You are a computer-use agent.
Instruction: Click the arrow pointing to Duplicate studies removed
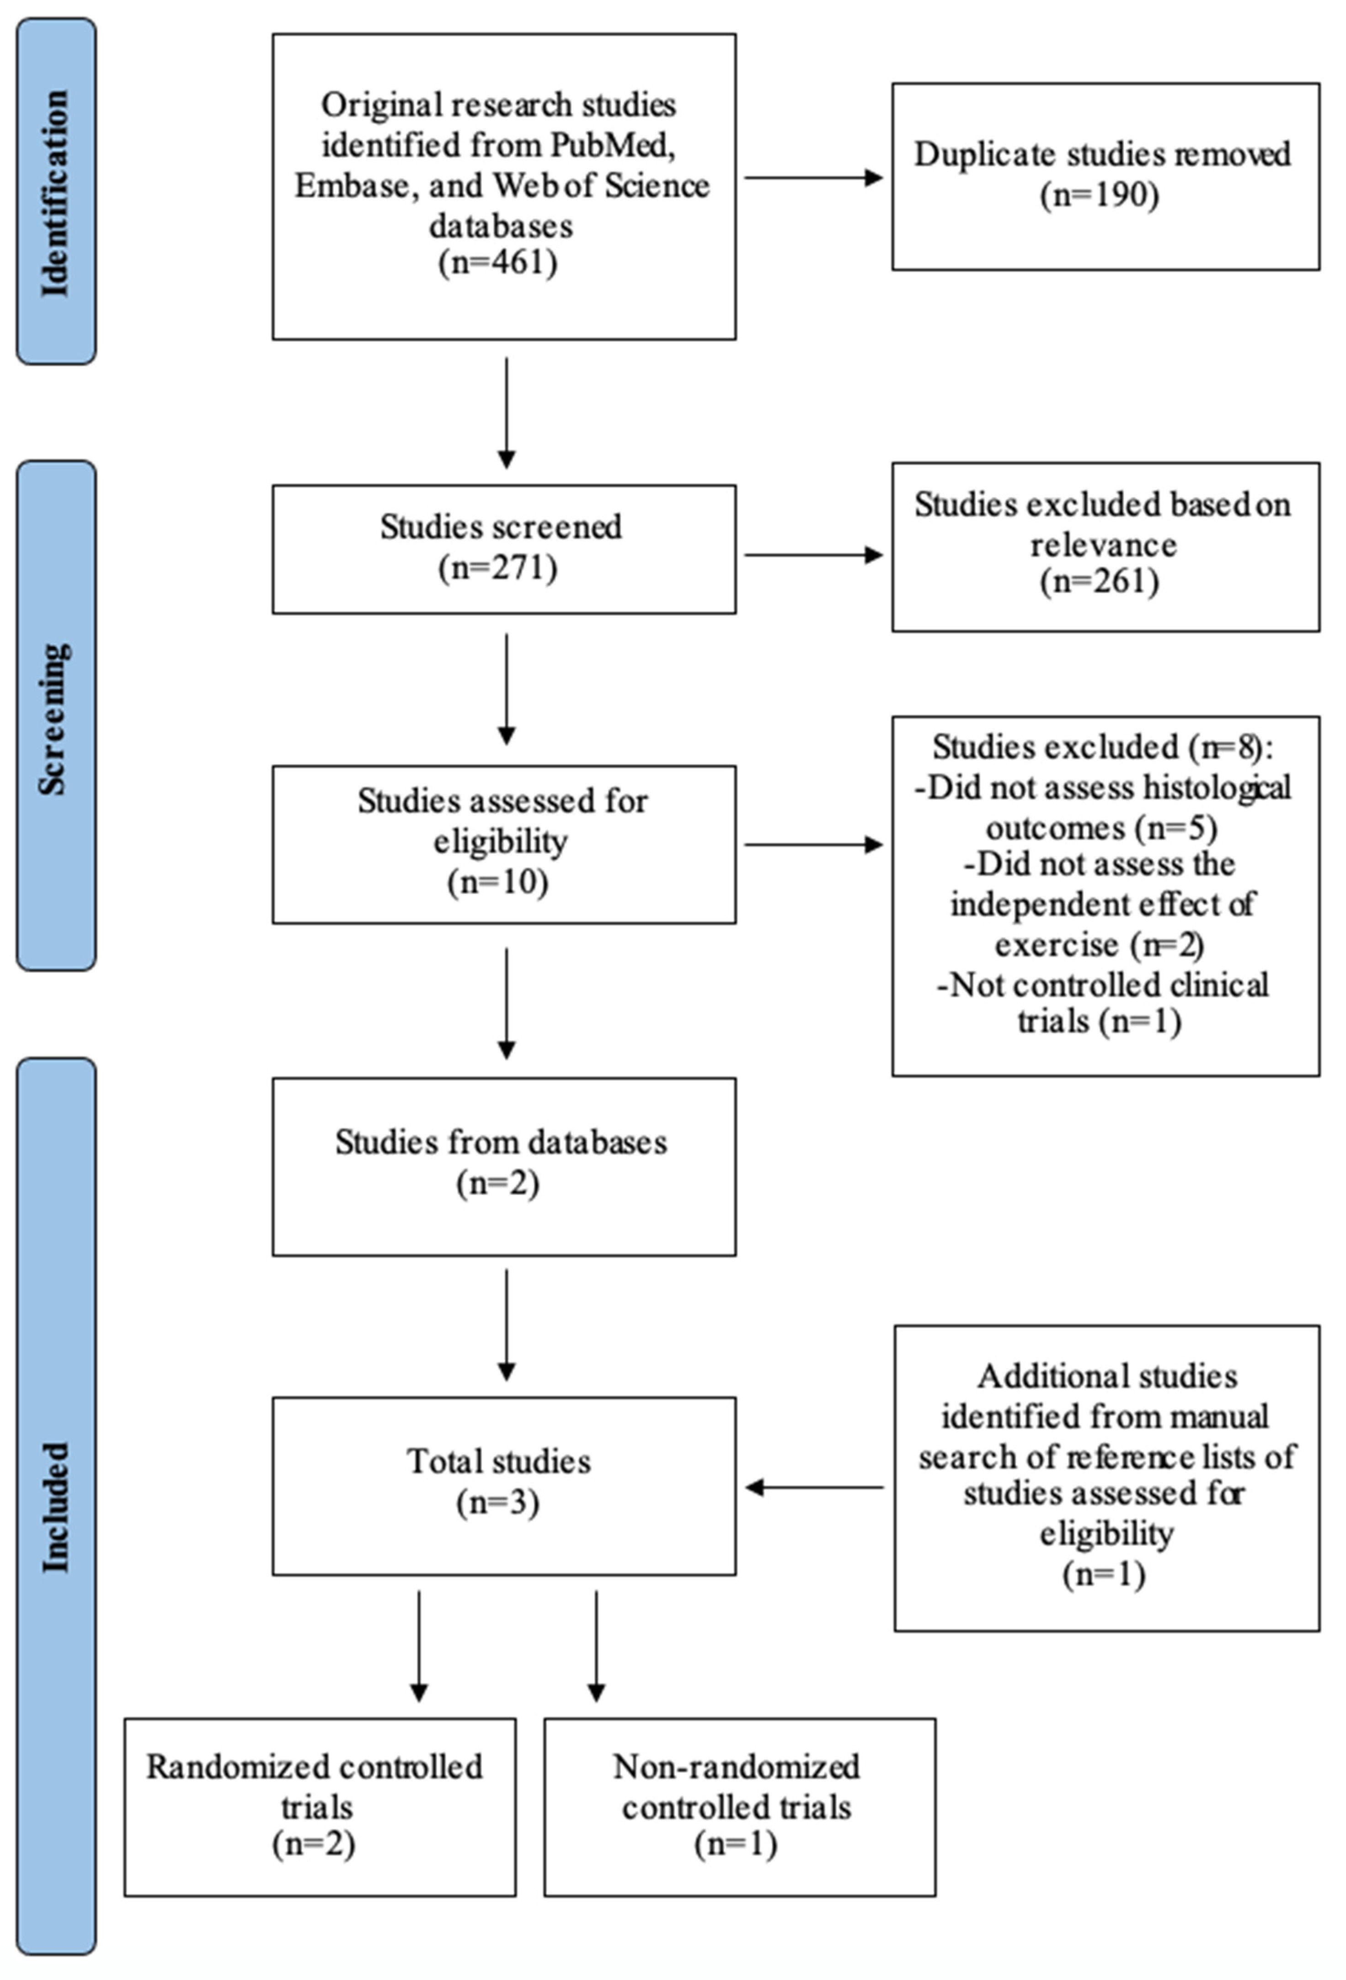pos(813,177)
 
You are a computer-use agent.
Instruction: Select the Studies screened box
pos(503,549)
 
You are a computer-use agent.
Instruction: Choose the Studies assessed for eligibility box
pos(503,844)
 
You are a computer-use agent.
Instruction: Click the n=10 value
pos(498,882)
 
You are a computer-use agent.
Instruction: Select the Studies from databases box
pos(503,1166)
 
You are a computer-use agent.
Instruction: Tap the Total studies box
pos(503,1484)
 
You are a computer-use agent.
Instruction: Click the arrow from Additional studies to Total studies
pos(813,1488)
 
